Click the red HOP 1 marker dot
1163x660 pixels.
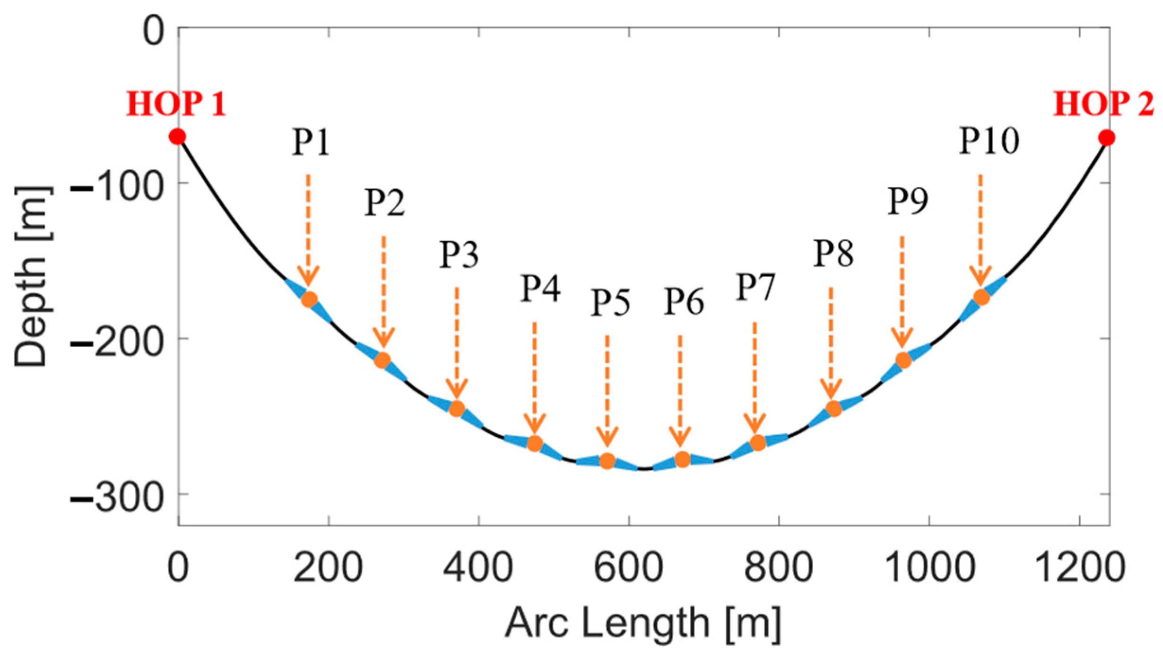[177, 137]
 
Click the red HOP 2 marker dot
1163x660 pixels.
[1106, 138]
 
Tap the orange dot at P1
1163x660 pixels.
[309, 299]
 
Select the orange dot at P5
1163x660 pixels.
[607, 461]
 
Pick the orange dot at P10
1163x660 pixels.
[981, 298]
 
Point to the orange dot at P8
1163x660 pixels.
[833, 408]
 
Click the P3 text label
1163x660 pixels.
[459, 255]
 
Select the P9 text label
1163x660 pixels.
[907, 202]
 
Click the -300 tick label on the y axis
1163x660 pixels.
[116, 498]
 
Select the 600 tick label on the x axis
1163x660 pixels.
[628, 568]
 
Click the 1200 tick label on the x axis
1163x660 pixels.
[1079, 568]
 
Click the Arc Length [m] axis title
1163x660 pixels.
[643, 624]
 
